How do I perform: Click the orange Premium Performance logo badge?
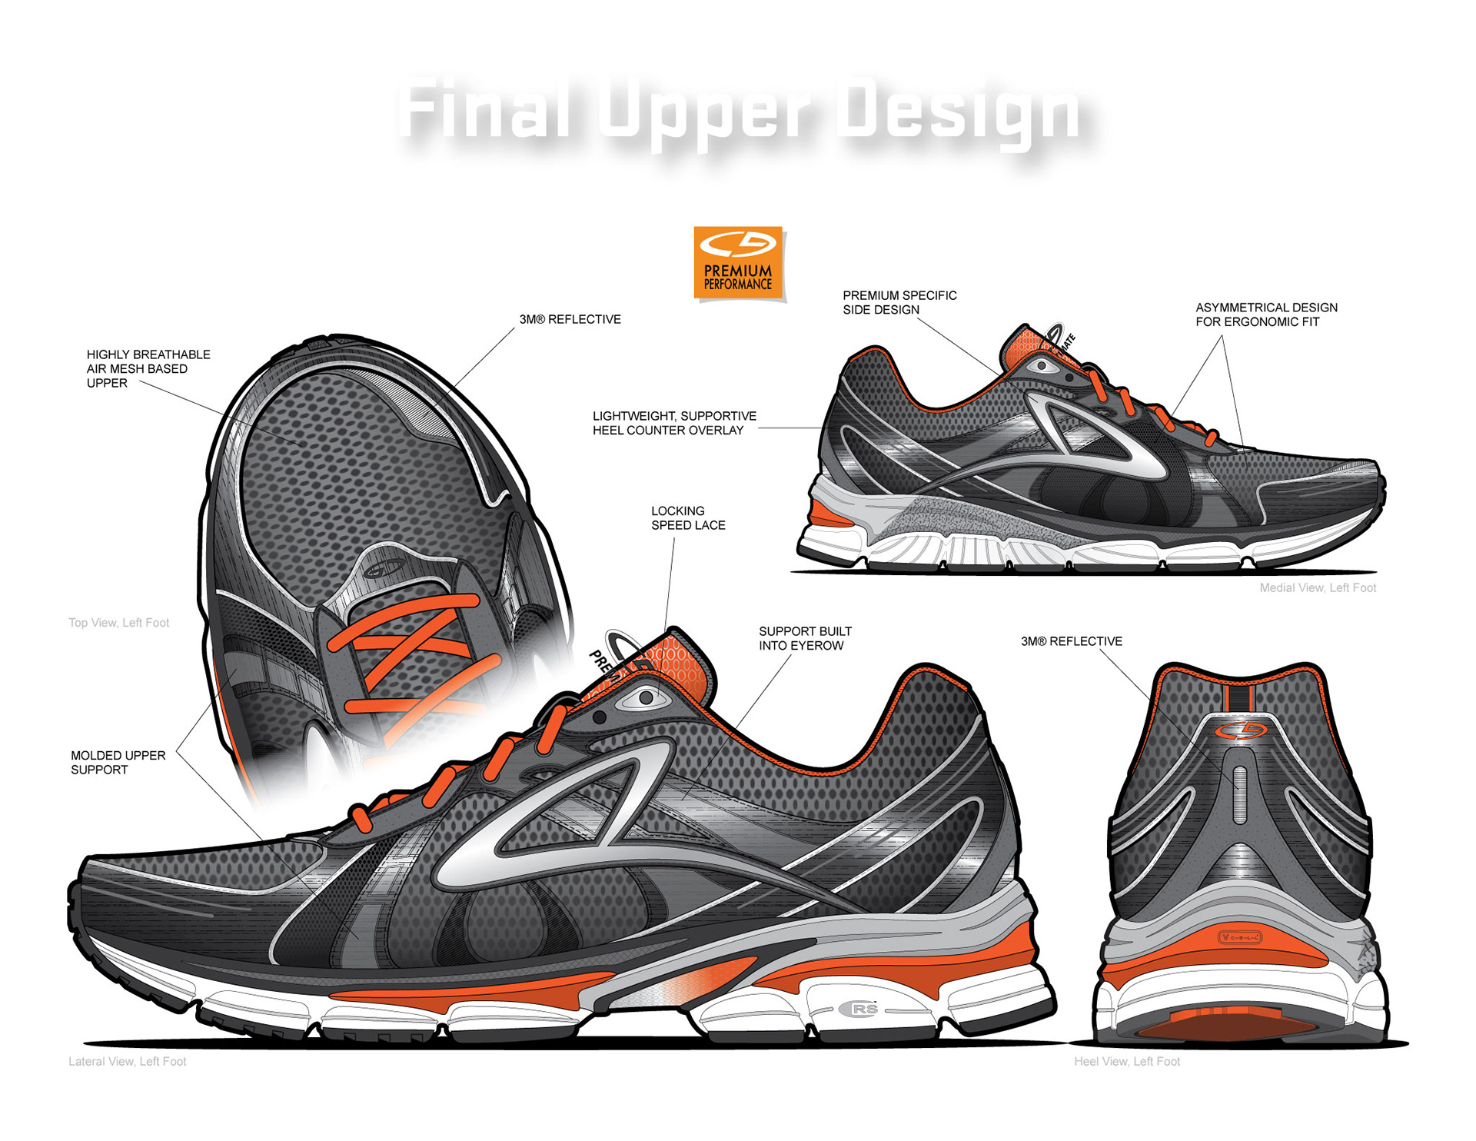click(x=738, y=263)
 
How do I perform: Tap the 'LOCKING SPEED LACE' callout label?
click(x=688, y=518)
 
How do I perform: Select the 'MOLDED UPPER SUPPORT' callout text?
click(x=118, y=763)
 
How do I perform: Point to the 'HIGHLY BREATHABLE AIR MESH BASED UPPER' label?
click(x=148, y=369)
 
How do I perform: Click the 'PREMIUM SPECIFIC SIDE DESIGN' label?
click(x=899, y=303)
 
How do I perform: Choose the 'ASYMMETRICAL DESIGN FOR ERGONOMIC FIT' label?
click(x=1266, y=314)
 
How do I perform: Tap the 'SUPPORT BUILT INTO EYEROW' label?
click(x=805, y=639)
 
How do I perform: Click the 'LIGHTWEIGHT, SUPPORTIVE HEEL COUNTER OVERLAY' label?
click(x=674, y=424)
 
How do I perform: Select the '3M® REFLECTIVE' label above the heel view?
click(x=1071, y=641)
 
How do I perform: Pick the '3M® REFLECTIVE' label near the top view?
click(x=570, y=319)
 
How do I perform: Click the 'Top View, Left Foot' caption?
click(x=118, y=623)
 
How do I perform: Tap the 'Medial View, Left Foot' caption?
click(x=1317, y=588)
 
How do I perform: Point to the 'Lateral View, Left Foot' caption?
click(x=127, y=1062)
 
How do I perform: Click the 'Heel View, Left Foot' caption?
click(x=1126, y=1062)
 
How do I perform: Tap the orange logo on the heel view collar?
click(x=1239, y=730)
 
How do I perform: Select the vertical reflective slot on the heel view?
click(x=1239, y=794)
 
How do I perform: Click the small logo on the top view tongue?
click(x=384, y=570)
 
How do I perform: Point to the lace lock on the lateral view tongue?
click(x=644, y=698)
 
